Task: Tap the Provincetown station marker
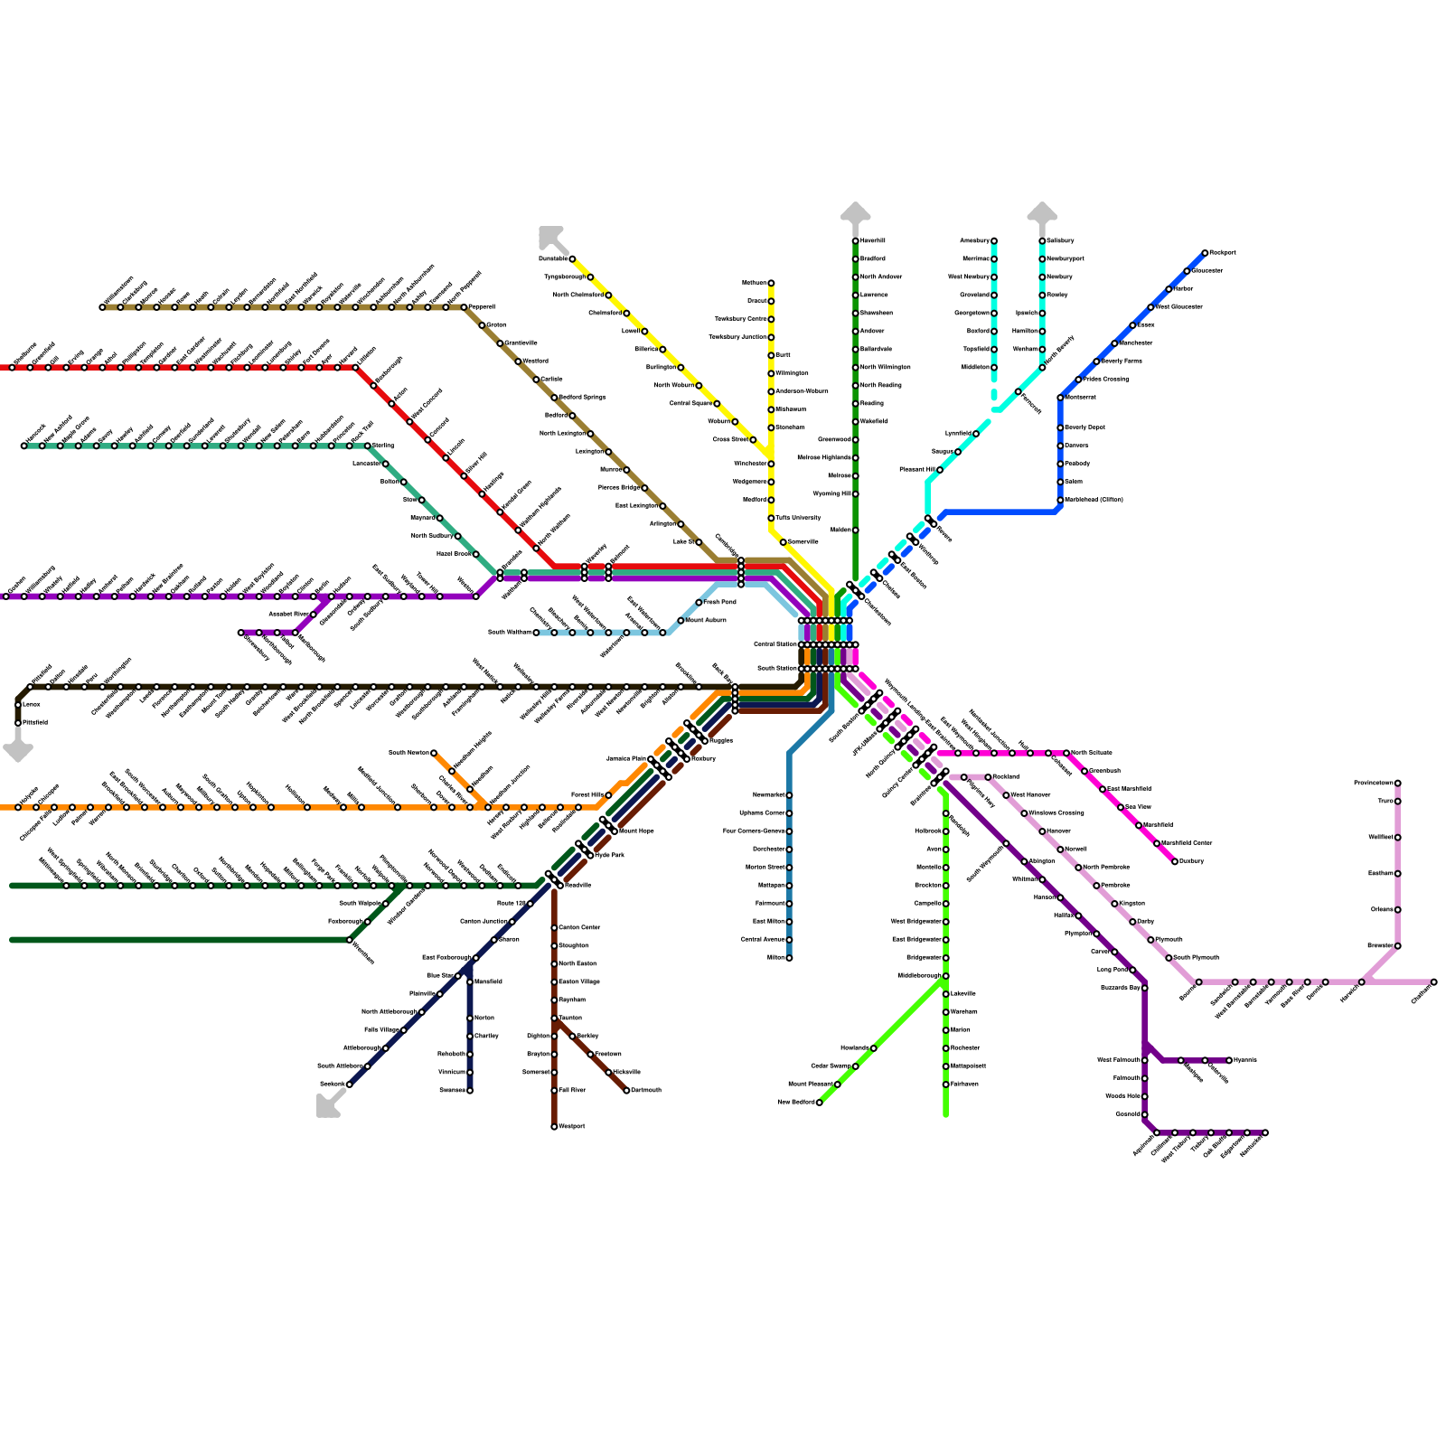point(1397,783)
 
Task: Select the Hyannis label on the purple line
point(1245,1060)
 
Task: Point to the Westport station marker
point(554,1127)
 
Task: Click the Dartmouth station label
point(646,1091)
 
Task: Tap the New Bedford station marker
point(820,1103)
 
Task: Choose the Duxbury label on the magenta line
point(1192,861)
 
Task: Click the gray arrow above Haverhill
point(855,212)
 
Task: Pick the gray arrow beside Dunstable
point(550,237)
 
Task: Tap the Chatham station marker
point(1433,981)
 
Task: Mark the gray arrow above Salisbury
point(1042,212)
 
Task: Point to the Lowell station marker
point(644,332)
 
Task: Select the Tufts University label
point(798,518)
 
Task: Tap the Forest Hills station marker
point(608,795)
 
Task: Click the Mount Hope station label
point(636,831)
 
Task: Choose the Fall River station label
point(572,1091)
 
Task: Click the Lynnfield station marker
point(976,434)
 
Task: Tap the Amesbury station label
point(974,241)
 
